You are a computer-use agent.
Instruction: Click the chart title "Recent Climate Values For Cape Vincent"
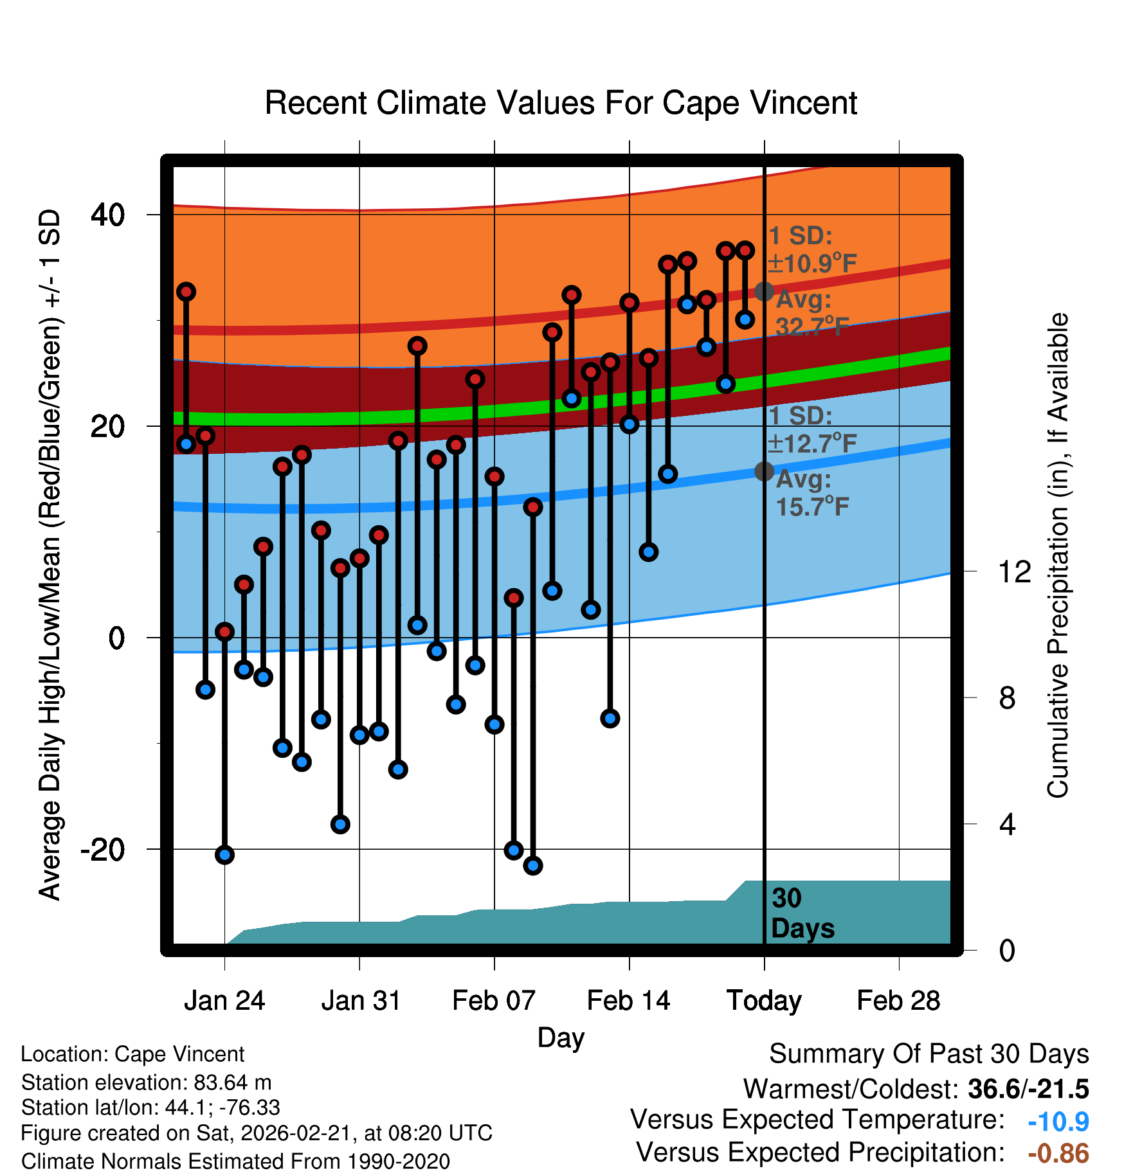click(561, 103)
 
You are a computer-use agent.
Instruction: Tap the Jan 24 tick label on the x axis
click(224, 1001)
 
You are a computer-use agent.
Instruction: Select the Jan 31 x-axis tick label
click(360, 1001)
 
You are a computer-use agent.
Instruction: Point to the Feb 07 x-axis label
click(494, 1001)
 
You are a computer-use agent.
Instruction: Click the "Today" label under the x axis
click(764, 1001)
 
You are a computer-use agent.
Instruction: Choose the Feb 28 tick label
click(898, 1001)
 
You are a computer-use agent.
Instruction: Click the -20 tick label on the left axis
click(103, 850)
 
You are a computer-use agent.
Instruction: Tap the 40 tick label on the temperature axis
click(108, 215)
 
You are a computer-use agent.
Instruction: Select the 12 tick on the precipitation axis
click(1014, 571)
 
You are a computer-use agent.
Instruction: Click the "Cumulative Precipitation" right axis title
click(1058, 555)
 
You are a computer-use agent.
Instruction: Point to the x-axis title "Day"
click(561, 1037)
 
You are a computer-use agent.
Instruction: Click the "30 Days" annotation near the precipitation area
click(802, 913)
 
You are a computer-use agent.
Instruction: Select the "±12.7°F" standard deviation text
click(813, 444)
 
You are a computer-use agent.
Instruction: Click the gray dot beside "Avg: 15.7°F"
click(764, 471)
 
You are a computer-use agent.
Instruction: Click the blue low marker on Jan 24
click(224, 855)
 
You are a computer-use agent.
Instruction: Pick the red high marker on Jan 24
click(224, 631)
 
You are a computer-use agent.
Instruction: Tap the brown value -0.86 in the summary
click(1058, 1154)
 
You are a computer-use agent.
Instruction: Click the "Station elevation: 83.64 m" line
click(147, 1082)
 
